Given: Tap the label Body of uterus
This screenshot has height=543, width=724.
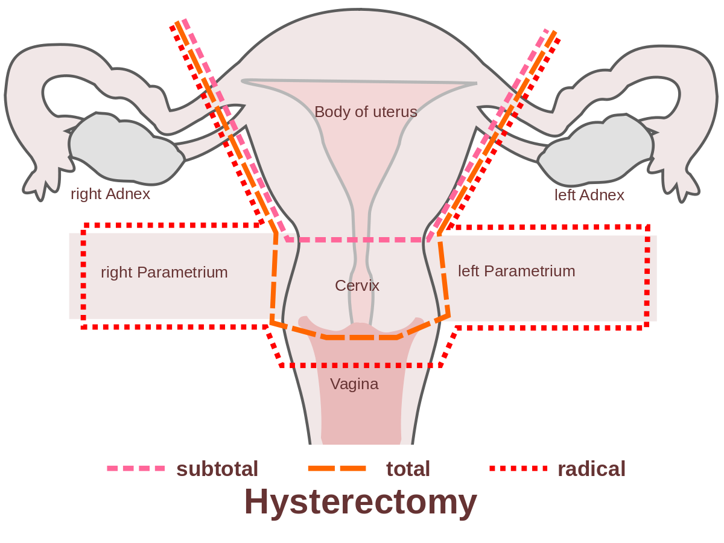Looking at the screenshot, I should (366, 112).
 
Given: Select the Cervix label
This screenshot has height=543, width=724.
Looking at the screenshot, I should (357, 285).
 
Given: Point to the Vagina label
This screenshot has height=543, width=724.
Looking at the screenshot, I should (354, 384).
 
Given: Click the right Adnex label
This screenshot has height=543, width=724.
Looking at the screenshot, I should (110, 194).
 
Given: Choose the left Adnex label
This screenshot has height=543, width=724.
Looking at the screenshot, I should (589, 195).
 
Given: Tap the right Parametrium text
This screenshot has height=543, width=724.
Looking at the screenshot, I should (164, 272).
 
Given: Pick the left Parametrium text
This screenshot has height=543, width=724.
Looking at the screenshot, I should (516, 271).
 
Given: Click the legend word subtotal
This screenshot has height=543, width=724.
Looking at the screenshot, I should (217, 469).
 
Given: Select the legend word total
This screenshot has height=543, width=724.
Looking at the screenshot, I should (408, 469).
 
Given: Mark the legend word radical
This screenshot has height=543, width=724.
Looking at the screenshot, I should (591, 469).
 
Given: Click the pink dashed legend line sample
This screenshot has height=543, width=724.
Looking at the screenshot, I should (136, 468).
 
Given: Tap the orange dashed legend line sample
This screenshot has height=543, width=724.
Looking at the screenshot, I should (337, 468).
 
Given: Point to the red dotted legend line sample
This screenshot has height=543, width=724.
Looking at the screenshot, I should (518, 468).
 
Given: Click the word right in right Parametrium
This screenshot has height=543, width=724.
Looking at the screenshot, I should (116, 272).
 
